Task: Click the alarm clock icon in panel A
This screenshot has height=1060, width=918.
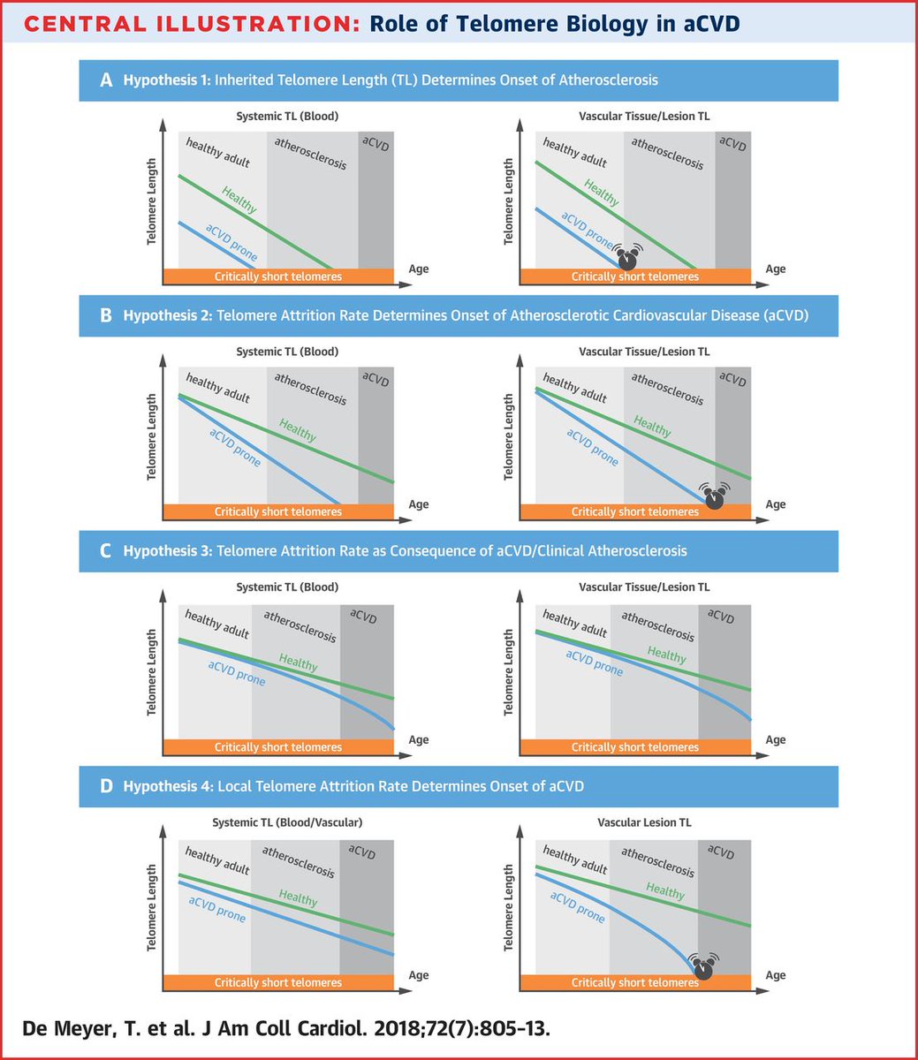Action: click(627, 259)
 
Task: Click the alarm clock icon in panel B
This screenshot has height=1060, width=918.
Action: click(715, 496)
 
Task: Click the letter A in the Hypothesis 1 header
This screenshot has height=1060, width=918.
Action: click(106, 80)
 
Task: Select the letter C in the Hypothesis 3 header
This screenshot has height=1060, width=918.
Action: click(106, 551)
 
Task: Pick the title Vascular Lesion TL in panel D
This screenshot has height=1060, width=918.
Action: click(634, 822)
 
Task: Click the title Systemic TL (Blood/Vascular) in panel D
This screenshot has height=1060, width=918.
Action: click(287, 822)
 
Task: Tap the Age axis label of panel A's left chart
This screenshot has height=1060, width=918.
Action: click(418, 269)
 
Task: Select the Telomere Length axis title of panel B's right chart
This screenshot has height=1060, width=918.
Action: click(508, 437)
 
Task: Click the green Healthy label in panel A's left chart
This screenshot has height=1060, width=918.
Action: click(239, 201)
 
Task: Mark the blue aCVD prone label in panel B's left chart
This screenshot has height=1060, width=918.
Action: click(235, 446)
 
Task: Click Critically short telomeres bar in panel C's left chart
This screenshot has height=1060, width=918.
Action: click(277, 747)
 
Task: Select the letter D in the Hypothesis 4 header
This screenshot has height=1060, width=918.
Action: click(106, 786)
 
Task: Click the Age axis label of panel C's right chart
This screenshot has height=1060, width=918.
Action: click(775, 740)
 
